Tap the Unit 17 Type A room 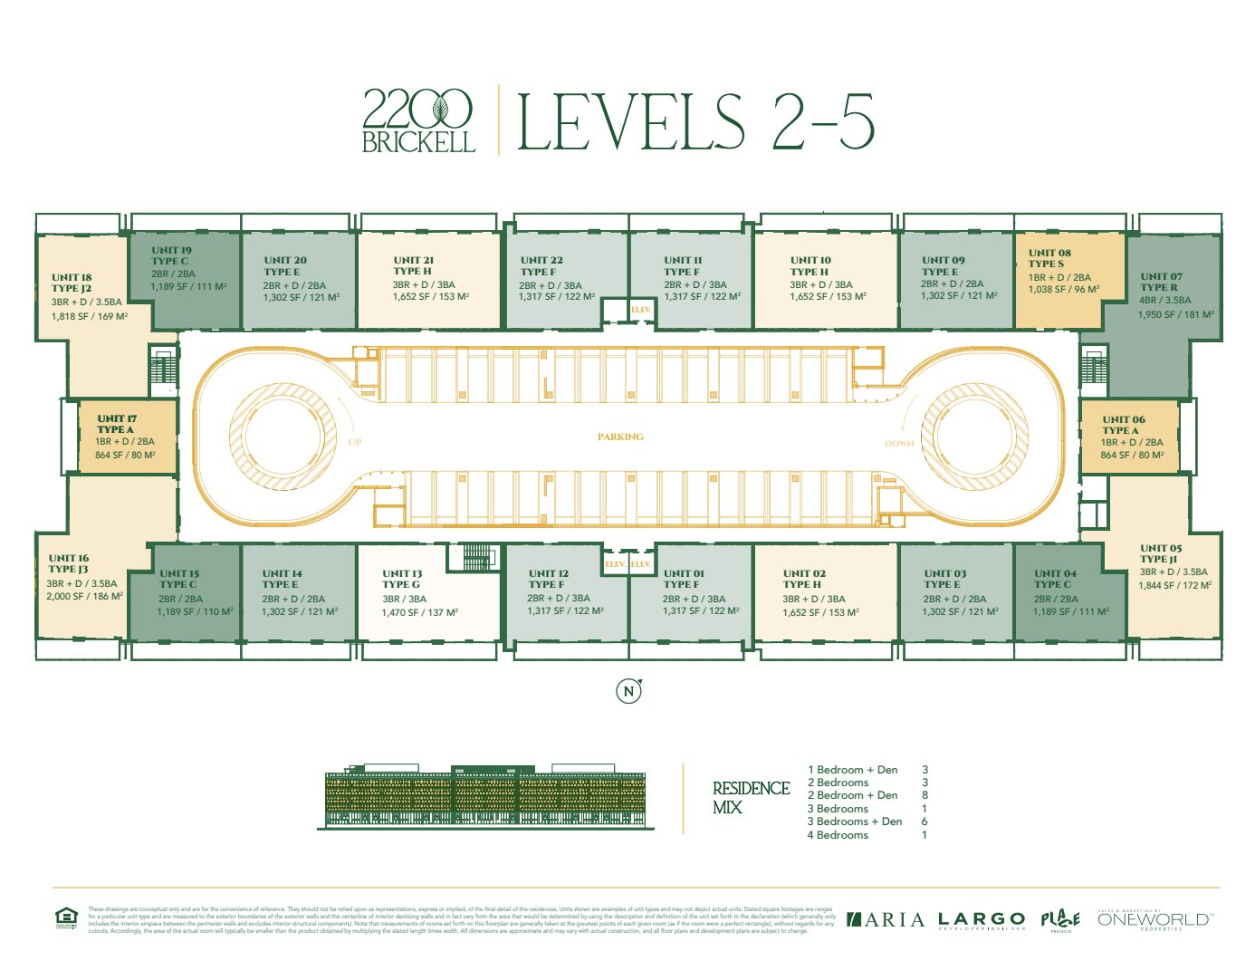[127, 437]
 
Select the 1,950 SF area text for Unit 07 [1175, 314]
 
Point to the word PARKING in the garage [620, 437]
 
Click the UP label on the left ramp [354, 442]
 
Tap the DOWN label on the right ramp [899, 444]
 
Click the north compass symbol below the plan [628, 691]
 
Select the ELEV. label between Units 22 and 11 [641, 310]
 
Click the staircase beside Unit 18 [164, 370]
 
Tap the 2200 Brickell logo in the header [418, 120]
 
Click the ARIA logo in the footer [886, 920]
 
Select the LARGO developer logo [982, 920]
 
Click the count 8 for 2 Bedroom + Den [924, 795]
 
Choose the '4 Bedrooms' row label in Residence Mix [838, 835]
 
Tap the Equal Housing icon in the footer [66, 918]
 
